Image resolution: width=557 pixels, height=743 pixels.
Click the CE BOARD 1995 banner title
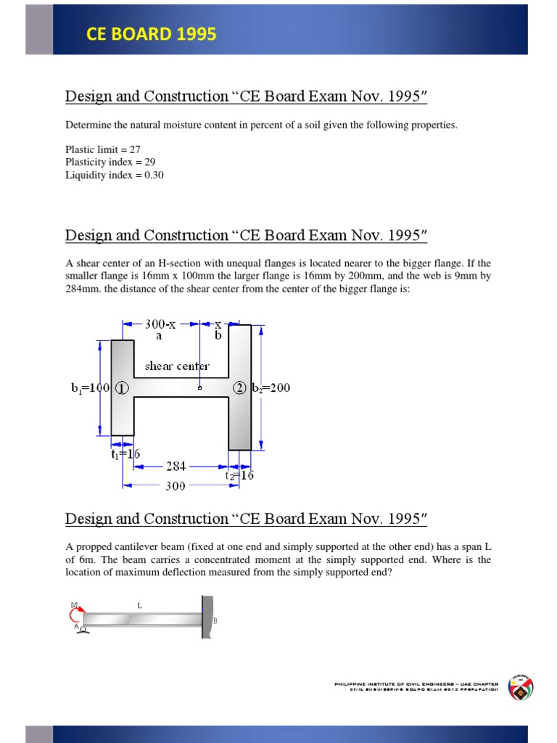151,34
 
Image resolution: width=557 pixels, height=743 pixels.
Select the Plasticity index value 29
149,162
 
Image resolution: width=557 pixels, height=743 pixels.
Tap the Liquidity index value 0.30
154,175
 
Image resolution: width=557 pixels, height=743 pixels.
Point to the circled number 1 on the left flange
122,387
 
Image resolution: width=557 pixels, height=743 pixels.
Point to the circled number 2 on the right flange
239,387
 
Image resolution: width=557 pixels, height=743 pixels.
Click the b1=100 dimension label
87,387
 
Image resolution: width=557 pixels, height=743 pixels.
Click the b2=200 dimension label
271,387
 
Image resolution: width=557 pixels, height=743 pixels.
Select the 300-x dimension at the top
160,324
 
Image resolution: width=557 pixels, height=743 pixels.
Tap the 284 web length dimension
176,467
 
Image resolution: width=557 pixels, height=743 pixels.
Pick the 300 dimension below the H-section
176,486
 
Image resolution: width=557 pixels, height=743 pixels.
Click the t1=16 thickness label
125,454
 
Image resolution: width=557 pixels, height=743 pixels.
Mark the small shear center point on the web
199,388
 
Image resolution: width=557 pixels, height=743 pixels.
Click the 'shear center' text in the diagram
177,366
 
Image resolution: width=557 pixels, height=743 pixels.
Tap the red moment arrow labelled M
76,615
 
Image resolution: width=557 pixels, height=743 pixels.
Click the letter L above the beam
139,604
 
